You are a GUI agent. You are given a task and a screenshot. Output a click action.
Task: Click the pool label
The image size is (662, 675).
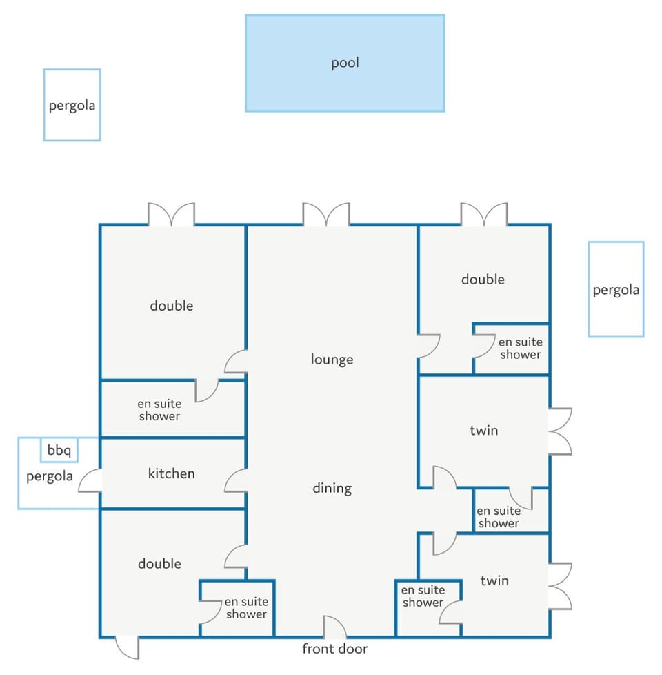pos(345,63)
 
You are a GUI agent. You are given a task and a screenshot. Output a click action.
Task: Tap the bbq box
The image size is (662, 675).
pos(59,450)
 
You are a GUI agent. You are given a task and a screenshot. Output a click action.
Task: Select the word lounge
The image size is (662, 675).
pos(332,360)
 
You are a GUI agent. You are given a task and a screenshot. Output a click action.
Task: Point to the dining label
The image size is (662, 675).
pos(332,488)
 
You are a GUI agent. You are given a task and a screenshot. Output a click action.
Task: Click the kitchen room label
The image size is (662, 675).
pos(171,473)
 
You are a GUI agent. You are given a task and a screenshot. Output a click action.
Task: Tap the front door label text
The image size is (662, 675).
pos(334,649)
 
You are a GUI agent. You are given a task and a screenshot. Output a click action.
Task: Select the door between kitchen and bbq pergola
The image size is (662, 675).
pos(90,480)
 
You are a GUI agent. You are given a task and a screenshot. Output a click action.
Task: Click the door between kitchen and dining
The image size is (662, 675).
pos(236,480)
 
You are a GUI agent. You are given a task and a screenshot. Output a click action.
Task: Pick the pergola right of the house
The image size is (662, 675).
pos(616,289)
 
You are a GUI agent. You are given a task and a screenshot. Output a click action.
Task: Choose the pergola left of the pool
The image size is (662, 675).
pos(72,105)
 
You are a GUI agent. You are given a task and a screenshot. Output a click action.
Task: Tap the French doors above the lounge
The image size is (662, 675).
pos(326,215)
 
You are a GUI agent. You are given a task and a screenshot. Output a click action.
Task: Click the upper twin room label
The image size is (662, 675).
pos(484,431)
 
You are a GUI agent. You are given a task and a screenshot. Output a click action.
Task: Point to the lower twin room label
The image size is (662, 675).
pos(494,580)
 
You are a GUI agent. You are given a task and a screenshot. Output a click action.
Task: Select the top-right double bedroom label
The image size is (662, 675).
pos(483,280)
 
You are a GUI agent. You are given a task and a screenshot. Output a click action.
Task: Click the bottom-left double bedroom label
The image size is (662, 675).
pos(159,563)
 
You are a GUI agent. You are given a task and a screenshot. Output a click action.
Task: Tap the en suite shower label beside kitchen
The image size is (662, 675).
pos(159,410)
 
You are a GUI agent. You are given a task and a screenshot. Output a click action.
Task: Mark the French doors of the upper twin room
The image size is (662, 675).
pos(560,431)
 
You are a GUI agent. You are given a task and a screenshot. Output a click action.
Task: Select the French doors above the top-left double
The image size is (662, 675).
pos(171,215)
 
